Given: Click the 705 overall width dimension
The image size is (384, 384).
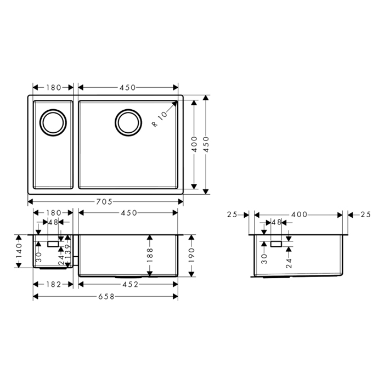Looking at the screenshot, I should (x=105, y=201).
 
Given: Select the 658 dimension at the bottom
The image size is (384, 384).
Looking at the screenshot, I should (x=106, y=297).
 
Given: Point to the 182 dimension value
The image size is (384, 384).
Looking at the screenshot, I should (x=53, y=284).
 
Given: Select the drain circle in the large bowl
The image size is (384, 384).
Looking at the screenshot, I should (x=128, y=121).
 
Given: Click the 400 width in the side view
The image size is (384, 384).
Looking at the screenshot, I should (x=299, y=214).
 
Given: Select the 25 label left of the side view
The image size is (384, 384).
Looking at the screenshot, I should (x=231, y=214).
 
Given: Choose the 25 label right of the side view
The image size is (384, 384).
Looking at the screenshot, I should (x=366, y=214).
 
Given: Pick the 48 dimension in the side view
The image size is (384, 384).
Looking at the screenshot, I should (x=276, y=223).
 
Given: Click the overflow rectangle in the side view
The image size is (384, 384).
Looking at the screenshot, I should (x=275, y=242).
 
